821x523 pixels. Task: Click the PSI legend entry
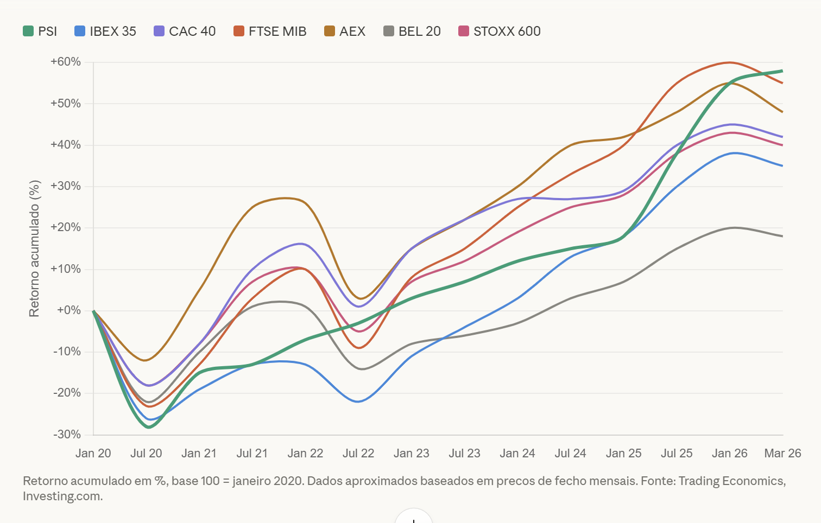pos(40,31)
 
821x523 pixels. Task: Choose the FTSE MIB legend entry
pos(270,31)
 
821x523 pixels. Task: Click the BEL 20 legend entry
pos(412,31)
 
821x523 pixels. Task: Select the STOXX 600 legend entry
pos(500,31)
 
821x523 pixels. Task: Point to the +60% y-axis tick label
pos(66,62)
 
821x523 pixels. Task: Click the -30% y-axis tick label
pos(67,435)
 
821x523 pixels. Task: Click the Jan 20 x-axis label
pos(93,454)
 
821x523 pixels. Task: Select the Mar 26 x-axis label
pos(782,454)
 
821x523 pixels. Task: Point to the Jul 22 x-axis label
pos(358,454)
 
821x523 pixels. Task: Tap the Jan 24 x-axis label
pos(517,454)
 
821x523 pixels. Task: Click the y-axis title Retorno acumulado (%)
pos(35,248)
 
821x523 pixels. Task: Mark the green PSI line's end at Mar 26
pos(782,71)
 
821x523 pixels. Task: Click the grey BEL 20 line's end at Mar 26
pos(782,236)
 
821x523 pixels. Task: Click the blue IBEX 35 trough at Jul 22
pos(358,401)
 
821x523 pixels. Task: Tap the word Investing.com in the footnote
pos(62,496)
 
